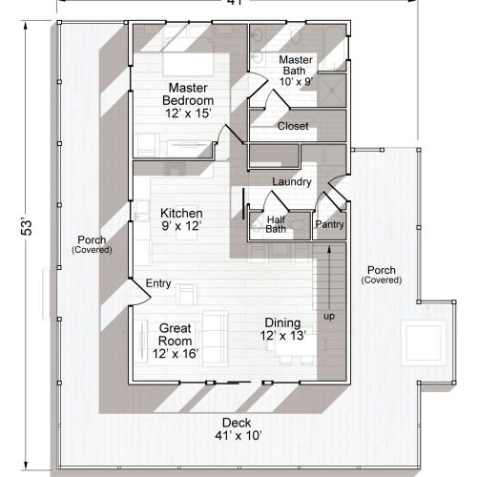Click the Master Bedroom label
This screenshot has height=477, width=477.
pos(188,100)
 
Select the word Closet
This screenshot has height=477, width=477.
pos(292,125)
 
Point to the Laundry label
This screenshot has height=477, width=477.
pos(290,181)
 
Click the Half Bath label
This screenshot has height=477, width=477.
pos(276,223)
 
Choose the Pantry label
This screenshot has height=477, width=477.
pos(329,224)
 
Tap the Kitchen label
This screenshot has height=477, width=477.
pos(180,220)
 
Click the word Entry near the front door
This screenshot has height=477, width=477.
pos(157,283)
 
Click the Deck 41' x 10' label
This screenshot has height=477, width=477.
pos(238,428)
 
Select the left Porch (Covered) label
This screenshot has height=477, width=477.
pos(92,243)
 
